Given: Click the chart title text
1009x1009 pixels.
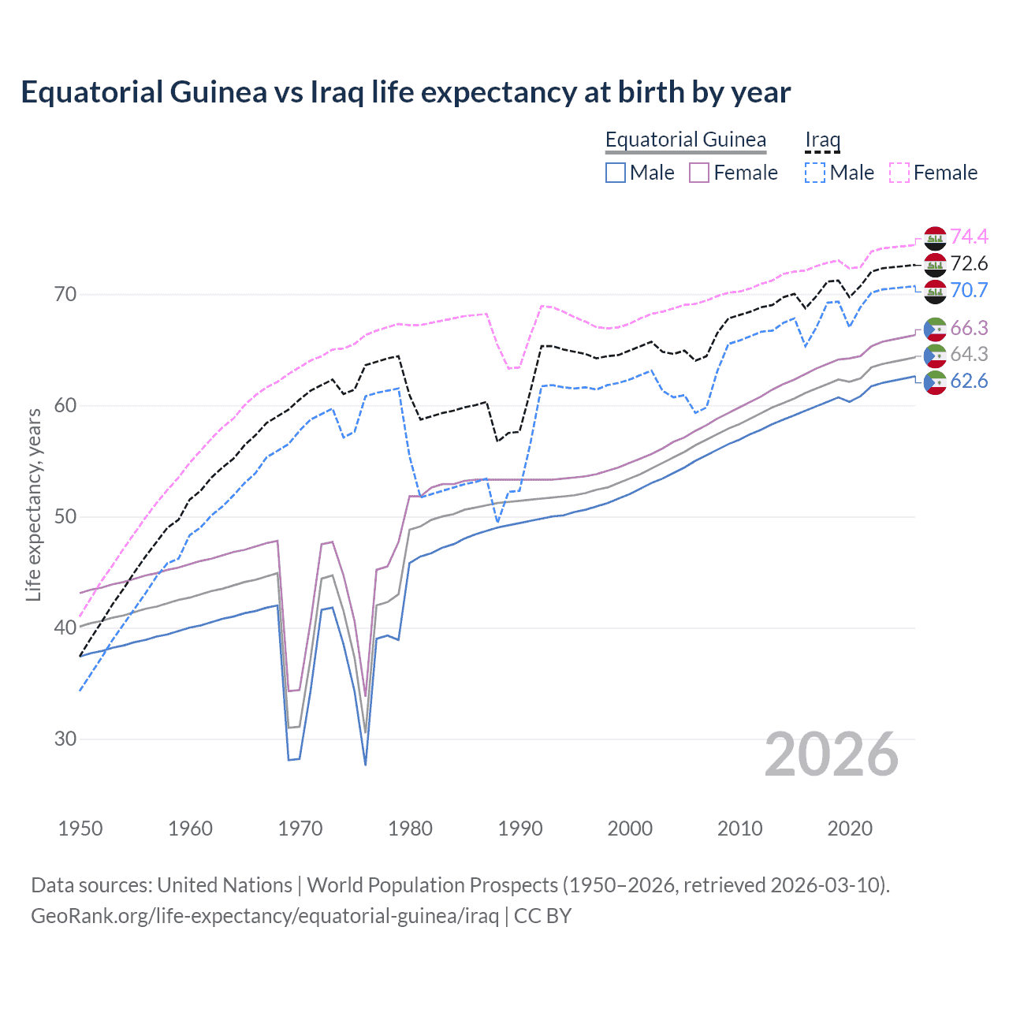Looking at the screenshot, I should (405, 92).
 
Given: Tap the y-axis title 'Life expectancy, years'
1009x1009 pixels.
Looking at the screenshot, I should (33, 504).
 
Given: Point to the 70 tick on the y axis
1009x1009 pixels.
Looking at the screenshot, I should (65, 295).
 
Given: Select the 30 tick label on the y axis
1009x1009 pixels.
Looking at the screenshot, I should (65, 739).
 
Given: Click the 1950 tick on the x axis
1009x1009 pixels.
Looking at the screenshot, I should (80, 828).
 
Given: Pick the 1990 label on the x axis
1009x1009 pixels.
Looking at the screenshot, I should (520, 828).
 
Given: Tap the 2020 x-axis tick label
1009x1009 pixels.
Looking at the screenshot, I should (850, 828).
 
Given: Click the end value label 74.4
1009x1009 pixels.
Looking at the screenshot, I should (969, 236).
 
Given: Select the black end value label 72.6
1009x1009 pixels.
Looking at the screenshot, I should (969, 263).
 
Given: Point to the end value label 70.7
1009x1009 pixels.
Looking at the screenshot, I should (969, 290).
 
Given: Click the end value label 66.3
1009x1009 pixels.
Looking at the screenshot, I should (969, 328).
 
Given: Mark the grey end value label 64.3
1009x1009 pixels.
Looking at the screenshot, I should (969, 355).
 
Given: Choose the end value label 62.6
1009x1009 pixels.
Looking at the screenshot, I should (969, 382).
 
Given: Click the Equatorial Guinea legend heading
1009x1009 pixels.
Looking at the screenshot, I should (685, 140).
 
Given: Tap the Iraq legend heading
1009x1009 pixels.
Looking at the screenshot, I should (822, 140).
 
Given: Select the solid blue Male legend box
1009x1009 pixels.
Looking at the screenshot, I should (616, 173).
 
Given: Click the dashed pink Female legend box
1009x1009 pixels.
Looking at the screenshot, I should (899, 173).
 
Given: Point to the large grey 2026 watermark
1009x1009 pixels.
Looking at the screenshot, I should (832, 754).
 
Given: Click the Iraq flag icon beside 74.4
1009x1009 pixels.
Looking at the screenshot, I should (935, 237).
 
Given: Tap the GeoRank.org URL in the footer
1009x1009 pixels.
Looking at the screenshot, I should (265, 916).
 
